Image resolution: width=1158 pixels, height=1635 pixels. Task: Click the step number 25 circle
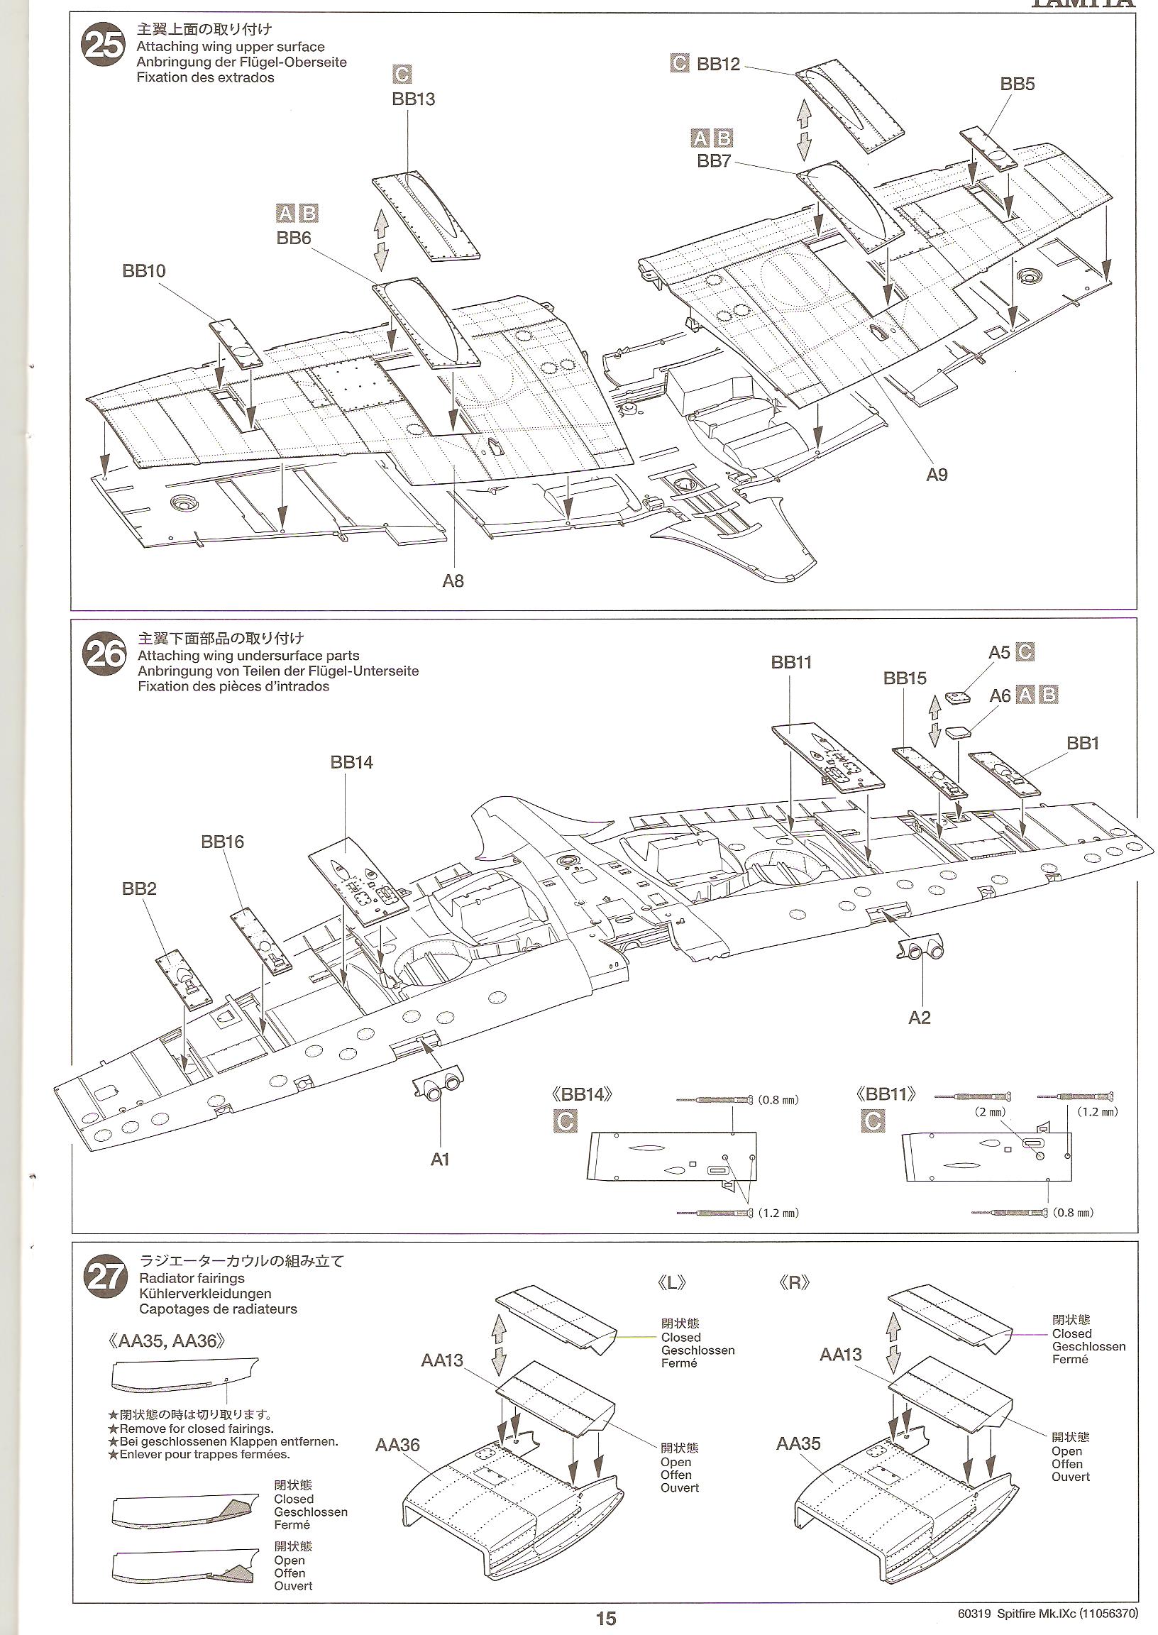(104, 48)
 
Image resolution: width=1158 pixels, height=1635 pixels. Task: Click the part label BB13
(413, 99)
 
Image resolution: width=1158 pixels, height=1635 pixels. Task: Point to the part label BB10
(143, 271)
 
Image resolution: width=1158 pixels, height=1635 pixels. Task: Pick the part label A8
(453, 581)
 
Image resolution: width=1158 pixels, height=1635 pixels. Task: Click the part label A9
(937, 475)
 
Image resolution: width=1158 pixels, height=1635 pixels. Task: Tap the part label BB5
(1017, 84)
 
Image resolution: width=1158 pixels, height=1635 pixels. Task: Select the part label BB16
(222, 842)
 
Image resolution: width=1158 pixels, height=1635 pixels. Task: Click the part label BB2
(138, 889)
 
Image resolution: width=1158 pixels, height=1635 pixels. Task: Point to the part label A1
(440, 1160)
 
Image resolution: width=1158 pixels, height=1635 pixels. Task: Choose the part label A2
(919, 1018)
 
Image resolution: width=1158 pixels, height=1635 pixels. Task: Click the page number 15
(605, 1619)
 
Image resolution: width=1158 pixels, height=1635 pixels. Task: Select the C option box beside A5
(1025, 651)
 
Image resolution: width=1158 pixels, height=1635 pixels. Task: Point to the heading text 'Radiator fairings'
(192, 1279)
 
